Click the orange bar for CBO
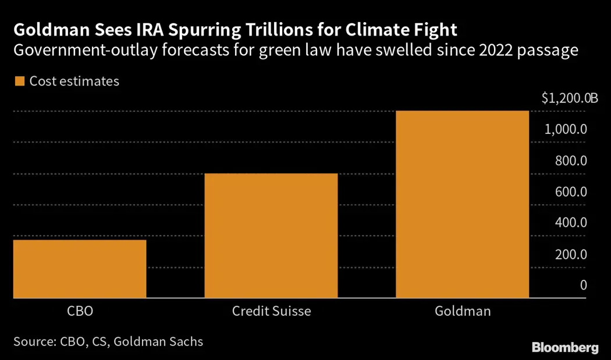80,269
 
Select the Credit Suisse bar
271,236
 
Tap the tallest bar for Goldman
463,204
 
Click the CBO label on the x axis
80,311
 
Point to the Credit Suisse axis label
271,311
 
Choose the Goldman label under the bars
463,311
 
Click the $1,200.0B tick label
569,98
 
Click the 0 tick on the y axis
582,285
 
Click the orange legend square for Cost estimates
20,81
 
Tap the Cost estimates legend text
74,81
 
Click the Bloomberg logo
564,348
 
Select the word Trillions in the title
290,29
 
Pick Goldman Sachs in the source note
158,341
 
